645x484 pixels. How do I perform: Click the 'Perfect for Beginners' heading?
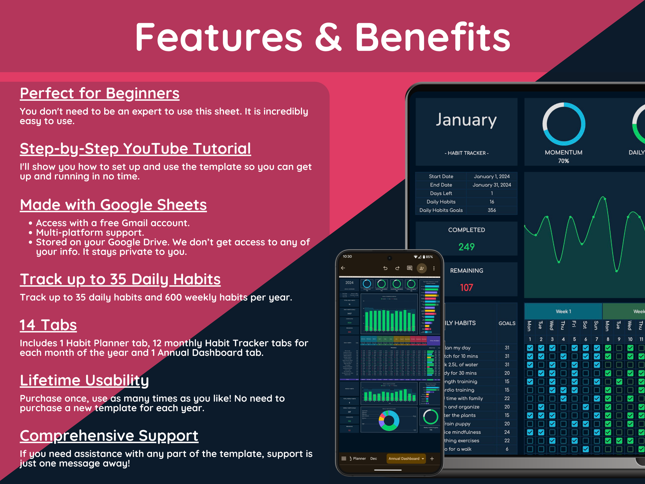pos(100,94)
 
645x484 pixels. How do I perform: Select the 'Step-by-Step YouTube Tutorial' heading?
pos(135,149)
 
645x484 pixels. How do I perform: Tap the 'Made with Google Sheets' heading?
pos(113,205)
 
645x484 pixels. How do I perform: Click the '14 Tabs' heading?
pos(48,325)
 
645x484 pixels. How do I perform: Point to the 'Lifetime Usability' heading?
pos(84,381)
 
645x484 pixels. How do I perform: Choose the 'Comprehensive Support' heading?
pos(109,436)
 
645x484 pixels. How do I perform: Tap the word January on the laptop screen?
pos(466,120)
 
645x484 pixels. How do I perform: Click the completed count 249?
pos(466,247)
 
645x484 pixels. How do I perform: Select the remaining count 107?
pos(466,288)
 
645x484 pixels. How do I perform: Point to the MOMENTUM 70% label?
pos(563,156)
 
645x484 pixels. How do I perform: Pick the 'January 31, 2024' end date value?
pos(492,185)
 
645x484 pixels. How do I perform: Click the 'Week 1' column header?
pos(563,312)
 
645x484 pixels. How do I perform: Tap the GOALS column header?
pos(507,323)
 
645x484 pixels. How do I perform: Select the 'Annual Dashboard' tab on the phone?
pos(406,459)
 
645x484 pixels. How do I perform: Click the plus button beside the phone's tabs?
pos(432,459)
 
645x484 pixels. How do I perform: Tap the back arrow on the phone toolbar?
pos(343,268)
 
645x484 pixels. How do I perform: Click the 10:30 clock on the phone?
pos(347,257)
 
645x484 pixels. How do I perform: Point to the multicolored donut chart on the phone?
pos(389,421)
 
